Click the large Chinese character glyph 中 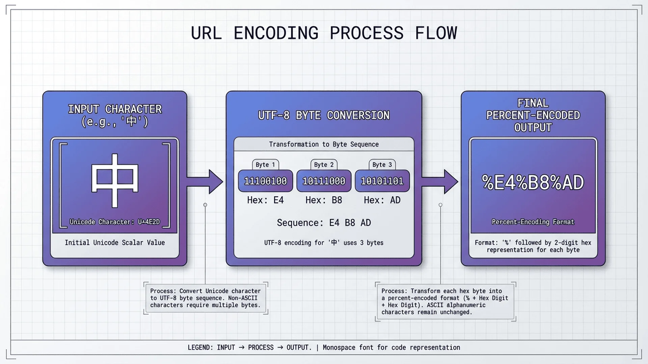coord(115,180)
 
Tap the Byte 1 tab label coord(265,164)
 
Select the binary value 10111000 coord(324,181)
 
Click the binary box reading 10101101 coord(382,181)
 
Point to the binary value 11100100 coord(265,181)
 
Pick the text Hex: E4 coord(265,200)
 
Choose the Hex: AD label coord(382,200)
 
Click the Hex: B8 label coord(324,200)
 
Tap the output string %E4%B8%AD coord(533,182)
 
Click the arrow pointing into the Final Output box coord(440,182)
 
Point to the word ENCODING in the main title coord(276,33)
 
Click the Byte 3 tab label coord(382,164)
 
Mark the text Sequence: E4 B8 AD coord(324,223)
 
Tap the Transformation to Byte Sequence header coord(324,144)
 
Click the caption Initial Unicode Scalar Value coord(115,243)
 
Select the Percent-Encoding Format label coord(533,222)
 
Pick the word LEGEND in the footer coord(199,347)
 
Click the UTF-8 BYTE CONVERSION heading coord(324,115)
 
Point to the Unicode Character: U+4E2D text coord(115,222)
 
